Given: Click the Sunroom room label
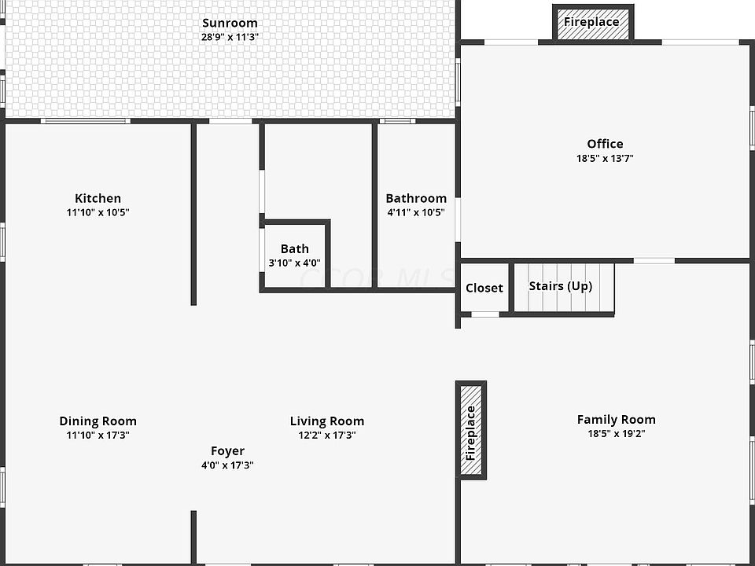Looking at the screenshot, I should pyautogui.click(x=230, y=23).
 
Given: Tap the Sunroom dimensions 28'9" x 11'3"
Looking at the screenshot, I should pyautogui.click(x=230, y=37).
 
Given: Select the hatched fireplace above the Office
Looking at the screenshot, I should pyautogui.click(x=591, y=22).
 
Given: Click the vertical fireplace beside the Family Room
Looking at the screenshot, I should pyautogui.click(x=471, y=431).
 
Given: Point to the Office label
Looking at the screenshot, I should pyautogui.click(x=605, y=144).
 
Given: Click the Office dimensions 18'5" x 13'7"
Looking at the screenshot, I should pyautogui.click(x=605, y=158).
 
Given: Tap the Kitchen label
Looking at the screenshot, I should pyautogui.click(x=98, y=198).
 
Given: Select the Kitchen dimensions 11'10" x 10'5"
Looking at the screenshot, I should pyautogui.click(x=98, y=212).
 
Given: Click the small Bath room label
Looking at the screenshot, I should pyautogui.click(x=295, y=249).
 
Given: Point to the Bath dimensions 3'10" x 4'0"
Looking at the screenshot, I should pyautogui.click(x=295, y=263).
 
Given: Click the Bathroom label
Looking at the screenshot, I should pyautogui.click(x=416, y=198).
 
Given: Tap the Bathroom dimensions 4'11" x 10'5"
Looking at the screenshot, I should pyautogui.click(x=416, y=212).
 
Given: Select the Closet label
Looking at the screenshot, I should pyautogui.click(x=484, y=288).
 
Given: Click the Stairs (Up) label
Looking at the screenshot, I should pyautogui.click(x=560, y=285).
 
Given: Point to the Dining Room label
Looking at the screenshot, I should pyautogui.click(x=98, y=421).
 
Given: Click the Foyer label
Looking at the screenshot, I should pyautogui.click(x=227, y=451).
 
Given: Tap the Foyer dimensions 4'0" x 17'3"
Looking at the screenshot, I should pyautogui.click(x=227, y=465).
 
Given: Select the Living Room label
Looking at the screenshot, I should pyautogui.click(x=327, y=421).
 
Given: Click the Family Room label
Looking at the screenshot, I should pyautogui.click(x=616, y=419).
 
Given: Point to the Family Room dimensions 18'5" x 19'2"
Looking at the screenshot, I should pyautogui.click(x=616, y=433).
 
